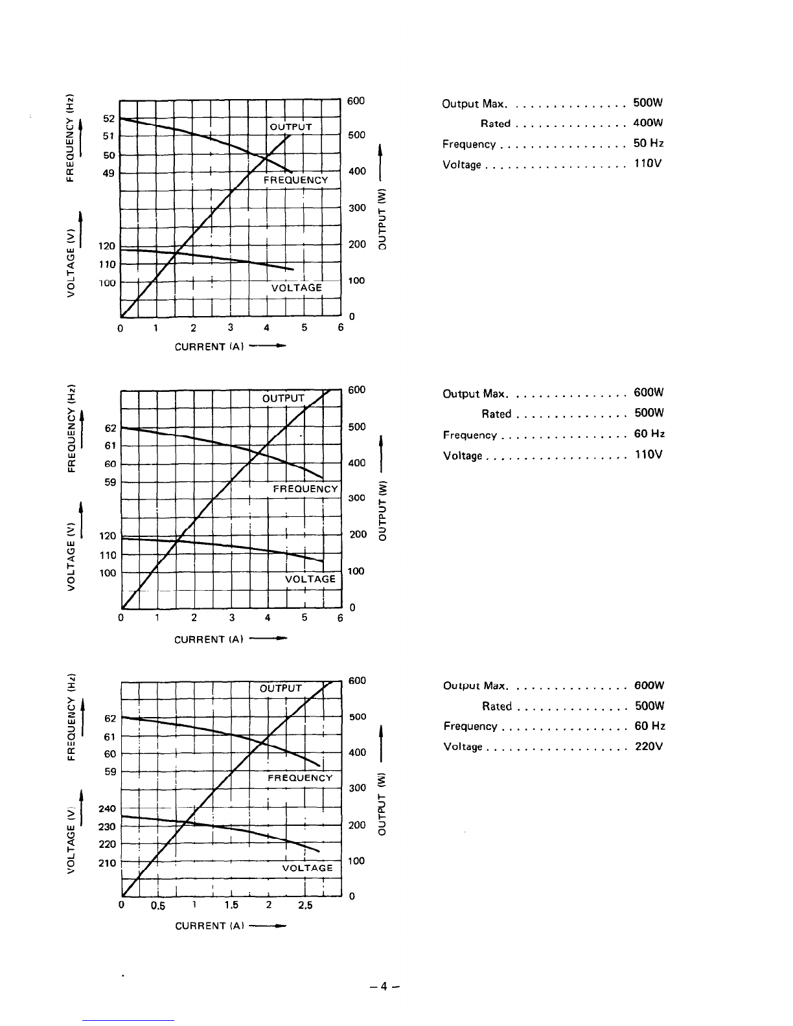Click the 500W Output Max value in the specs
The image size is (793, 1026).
pos(648,102)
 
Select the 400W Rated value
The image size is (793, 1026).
pos(648,123)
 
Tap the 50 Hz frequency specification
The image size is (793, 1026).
pos(649,143)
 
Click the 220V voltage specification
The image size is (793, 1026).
pos(649,746)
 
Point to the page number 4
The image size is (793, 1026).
pos(384,986)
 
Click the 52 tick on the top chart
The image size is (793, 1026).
pos(109,119)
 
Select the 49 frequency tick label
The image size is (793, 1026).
pos(109,174)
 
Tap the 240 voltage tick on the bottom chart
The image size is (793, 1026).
pos(107,808)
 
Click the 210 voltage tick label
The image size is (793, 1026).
pos(107,863)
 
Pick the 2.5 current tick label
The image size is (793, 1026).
pos(305,905)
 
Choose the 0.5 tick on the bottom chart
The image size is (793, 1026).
pos(157,906)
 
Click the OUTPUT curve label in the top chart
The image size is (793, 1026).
pos(290,127)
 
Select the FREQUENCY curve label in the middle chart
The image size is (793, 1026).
pos(305,489)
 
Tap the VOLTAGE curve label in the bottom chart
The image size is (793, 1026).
pos(308,868)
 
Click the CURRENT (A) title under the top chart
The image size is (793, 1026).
pos(209,347)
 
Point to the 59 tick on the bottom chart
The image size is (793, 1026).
pos(110,771)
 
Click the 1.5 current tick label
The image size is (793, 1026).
pos(231,905)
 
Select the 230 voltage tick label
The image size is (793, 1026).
pos(107,826)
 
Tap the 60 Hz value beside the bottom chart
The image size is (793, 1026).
pos(650,725)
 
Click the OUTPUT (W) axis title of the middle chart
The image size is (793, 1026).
pos(382,511)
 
